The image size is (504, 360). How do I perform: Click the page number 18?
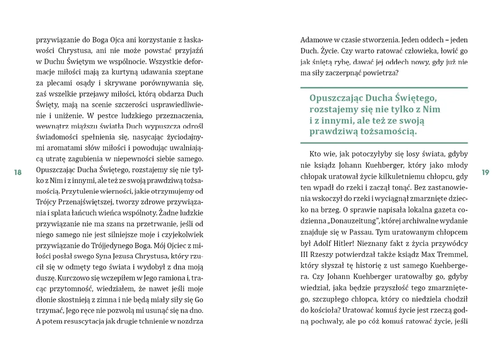(18, 173)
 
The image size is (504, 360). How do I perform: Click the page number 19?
(486, 173)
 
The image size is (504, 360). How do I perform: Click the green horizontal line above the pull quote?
(384, 87)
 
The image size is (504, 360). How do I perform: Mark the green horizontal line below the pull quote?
(384, 142)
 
